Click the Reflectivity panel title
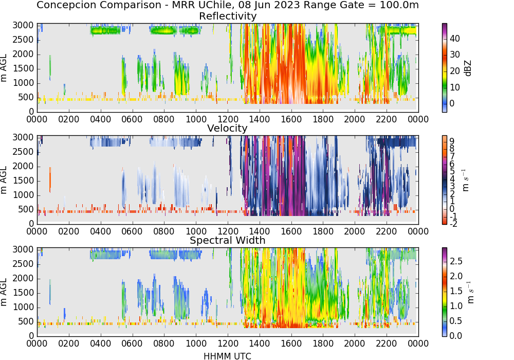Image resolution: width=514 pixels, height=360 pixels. (x=228, y=16)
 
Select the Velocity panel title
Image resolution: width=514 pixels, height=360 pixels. (x=227, y=128)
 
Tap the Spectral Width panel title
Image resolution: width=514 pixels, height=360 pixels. (x=228, y=240)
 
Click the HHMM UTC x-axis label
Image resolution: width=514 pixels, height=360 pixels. (x=227, y=356)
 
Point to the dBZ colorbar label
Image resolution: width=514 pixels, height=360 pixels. (x=468, y=68)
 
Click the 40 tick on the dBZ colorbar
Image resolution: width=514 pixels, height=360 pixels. (x=455, y=39)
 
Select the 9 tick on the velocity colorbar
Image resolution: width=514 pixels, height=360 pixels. (x=452, y=141)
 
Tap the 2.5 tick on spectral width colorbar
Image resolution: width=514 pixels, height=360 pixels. (x=456, y=261)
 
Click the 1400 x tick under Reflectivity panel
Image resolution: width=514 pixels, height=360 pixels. (x=259, y=119)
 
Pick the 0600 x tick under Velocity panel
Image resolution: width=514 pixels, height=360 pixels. (x=132, y=231)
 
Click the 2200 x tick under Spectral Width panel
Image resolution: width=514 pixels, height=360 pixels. (x=386, y=344)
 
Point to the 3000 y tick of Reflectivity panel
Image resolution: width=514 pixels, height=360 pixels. (x=23, y=26)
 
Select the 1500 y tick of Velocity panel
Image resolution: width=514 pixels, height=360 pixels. (x=23, y=181)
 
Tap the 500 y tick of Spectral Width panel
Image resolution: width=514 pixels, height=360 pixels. (x=26, y=321)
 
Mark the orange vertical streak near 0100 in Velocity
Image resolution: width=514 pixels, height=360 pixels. (x=50, y=179)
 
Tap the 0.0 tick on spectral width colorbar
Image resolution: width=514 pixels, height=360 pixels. (x=456, y=336)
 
